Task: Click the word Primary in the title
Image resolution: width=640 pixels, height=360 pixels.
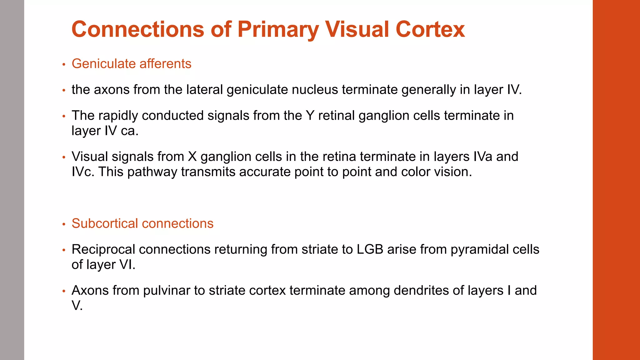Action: [x=278, y=29]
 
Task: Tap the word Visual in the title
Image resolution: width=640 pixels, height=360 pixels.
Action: [x=357, y=29]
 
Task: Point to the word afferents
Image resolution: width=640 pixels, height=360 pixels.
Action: [x=165, y=64]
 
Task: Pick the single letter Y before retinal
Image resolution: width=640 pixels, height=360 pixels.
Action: [x=310, y=116]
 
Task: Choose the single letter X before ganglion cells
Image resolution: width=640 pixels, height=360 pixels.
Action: [x=192, y=157]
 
